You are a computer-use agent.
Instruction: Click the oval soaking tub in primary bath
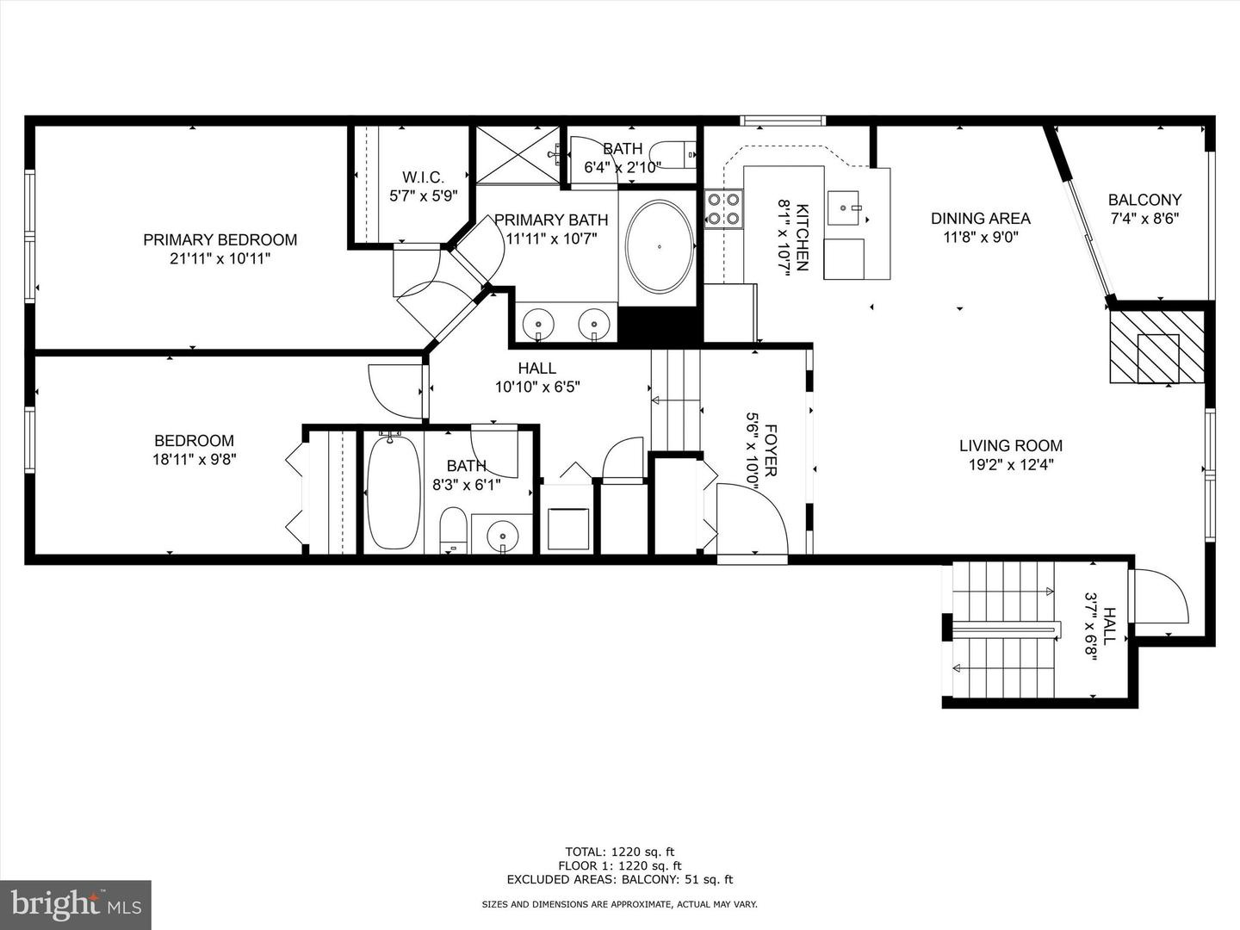659,247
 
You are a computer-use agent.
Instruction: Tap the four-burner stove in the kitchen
723,208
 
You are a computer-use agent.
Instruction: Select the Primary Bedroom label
220,239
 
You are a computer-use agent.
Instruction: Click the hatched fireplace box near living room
1156,346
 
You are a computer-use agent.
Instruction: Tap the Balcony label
1144,200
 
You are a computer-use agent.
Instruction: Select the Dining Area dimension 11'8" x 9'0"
980,237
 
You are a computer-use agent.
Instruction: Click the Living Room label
1011,445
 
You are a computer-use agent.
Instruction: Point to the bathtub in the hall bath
394,493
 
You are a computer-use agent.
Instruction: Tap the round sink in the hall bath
502,537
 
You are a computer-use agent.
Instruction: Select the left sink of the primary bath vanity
540,324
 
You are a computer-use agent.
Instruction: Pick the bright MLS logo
76,904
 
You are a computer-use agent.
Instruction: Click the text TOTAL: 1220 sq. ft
619,852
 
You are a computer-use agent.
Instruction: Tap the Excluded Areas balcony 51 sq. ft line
619,879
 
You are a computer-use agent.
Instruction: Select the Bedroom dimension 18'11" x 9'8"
195,460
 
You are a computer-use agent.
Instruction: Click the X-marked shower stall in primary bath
518,155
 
